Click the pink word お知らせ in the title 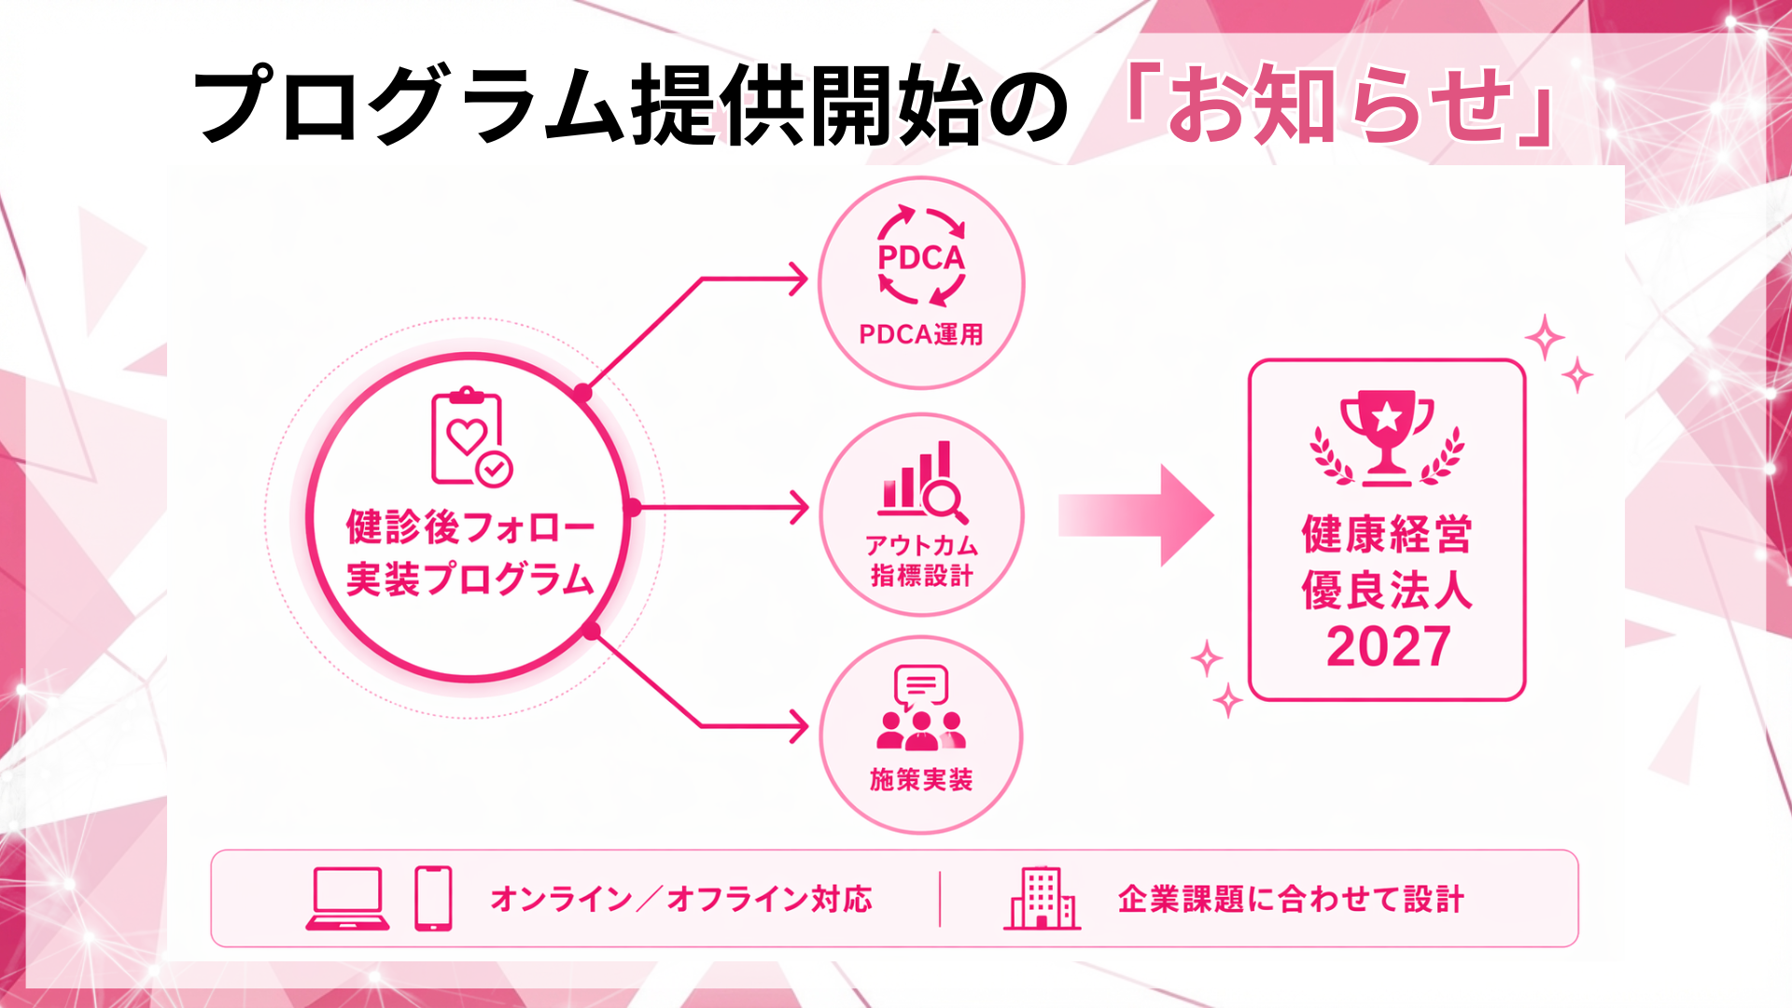[1339, 105]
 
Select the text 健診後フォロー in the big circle [470, 527]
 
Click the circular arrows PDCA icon [921, 256]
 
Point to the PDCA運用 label [921, 334]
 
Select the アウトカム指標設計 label [921, 560]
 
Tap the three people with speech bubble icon [921, 708]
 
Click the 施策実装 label [921, 779]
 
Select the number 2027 [1388, 647]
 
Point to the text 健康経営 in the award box [1387, 535]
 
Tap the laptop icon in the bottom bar [347, 899]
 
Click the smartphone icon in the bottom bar [433, 899]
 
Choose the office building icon [1042, 898]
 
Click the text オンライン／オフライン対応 [681, 899]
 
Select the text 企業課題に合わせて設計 [1291, 899]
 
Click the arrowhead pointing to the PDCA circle [799, 278]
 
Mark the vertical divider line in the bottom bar [940, 899]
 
